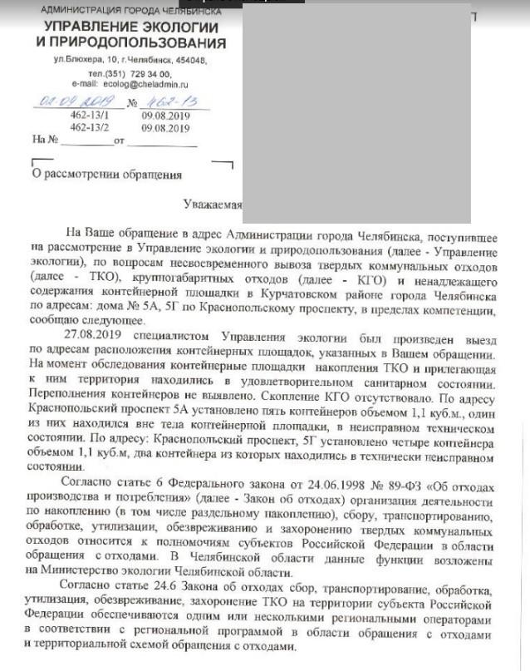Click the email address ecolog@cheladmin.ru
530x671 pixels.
145,85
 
